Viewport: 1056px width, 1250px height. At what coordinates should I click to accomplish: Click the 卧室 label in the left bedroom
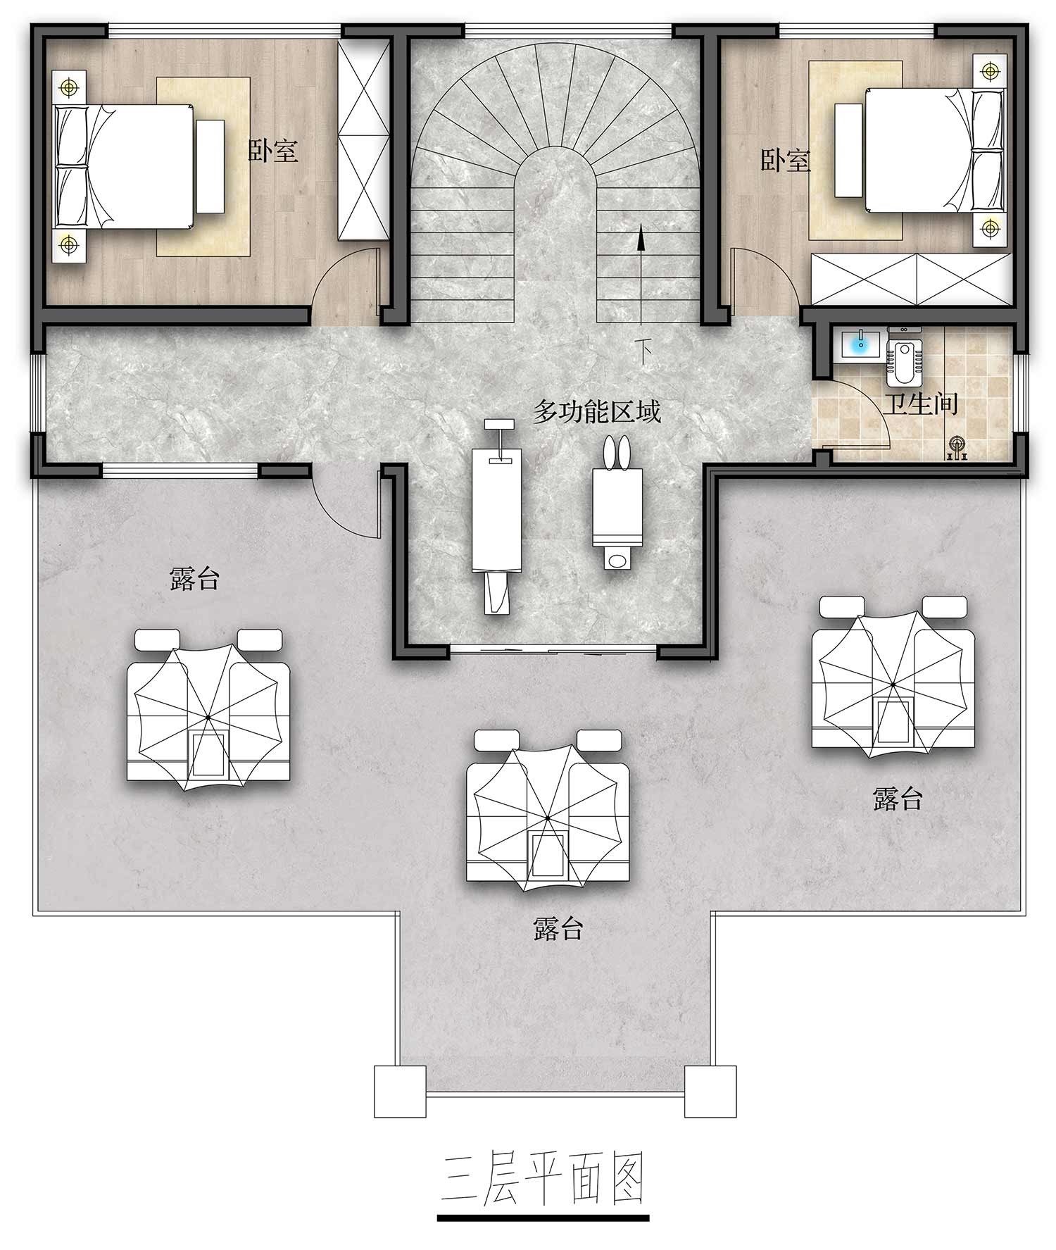[273, 151]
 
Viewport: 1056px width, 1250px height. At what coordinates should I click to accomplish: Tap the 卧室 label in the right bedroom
[786, 161]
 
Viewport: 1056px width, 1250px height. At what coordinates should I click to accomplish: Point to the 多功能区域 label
[597, 411]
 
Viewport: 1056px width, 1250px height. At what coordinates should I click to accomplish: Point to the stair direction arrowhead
[641, 239]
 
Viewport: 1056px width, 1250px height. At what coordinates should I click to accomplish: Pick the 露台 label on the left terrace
[195, 579]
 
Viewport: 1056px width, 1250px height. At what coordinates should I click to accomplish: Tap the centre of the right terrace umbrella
[892, 684]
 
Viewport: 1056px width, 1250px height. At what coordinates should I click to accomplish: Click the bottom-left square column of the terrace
[400, 1091]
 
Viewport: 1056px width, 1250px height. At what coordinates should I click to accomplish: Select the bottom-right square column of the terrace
[710, 1091]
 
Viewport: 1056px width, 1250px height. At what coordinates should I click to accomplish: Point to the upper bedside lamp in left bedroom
[68, 87]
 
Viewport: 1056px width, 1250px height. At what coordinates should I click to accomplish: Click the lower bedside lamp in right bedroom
[990, 228]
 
